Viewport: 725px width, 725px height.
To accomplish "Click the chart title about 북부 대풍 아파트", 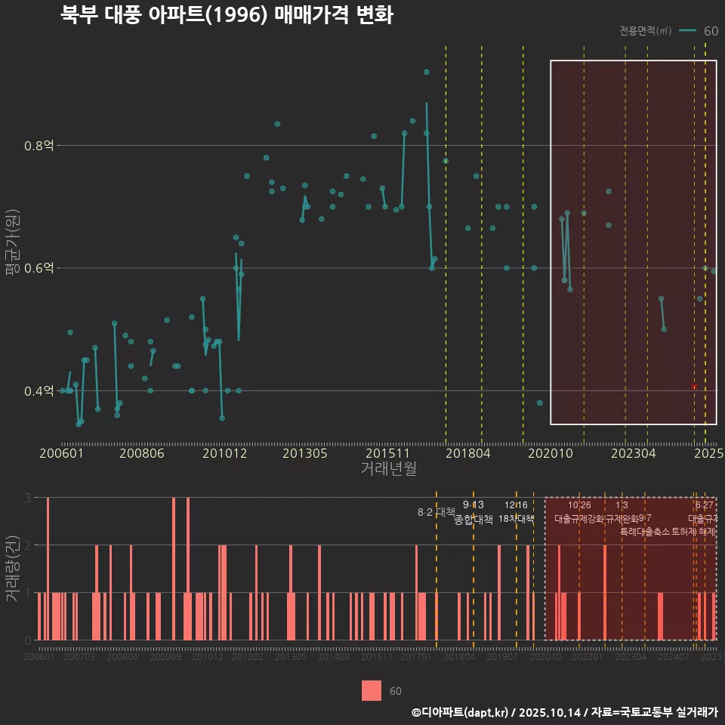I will pos(227,16).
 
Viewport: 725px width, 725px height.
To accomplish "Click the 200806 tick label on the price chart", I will pos(143,454).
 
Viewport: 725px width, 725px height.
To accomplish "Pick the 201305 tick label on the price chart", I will pos(306,454).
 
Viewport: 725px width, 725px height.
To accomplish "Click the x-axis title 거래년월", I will pos(388,469).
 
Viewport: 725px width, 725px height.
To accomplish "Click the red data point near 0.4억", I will pos(694,387).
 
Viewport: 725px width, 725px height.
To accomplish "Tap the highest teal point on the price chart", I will pos(426,72).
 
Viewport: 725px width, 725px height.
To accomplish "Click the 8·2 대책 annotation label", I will pos(436,512).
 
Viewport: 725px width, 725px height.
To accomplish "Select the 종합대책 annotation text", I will pos(474,519).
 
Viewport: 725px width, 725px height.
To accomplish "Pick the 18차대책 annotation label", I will pos(516,519).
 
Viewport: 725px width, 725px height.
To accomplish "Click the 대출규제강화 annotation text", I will pos(579,519).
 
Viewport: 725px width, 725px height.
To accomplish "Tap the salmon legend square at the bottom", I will pos(372,691).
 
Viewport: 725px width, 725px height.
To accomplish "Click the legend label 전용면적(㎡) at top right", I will pos(645,31).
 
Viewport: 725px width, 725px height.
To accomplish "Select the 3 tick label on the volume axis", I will pos(28,498).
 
